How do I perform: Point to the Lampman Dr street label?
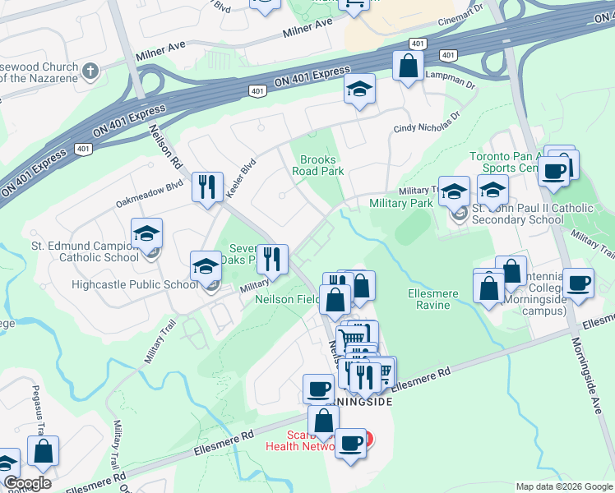coord(447,74)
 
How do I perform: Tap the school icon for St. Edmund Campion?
coord(146,234)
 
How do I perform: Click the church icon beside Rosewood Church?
coord(91,71)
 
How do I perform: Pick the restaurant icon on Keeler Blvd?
coord(207,187)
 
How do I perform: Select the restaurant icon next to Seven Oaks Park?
coord(272,259)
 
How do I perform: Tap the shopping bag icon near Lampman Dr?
coord(408,66)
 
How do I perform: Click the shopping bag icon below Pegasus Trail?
coord(43,451)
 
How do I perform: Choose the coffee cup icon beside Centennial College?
coord(579,283)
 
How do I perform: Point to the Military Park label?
coord(401,203)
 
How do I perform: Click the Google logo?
coord(27,483)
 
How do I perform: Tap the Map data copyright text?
coord(563,486)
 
